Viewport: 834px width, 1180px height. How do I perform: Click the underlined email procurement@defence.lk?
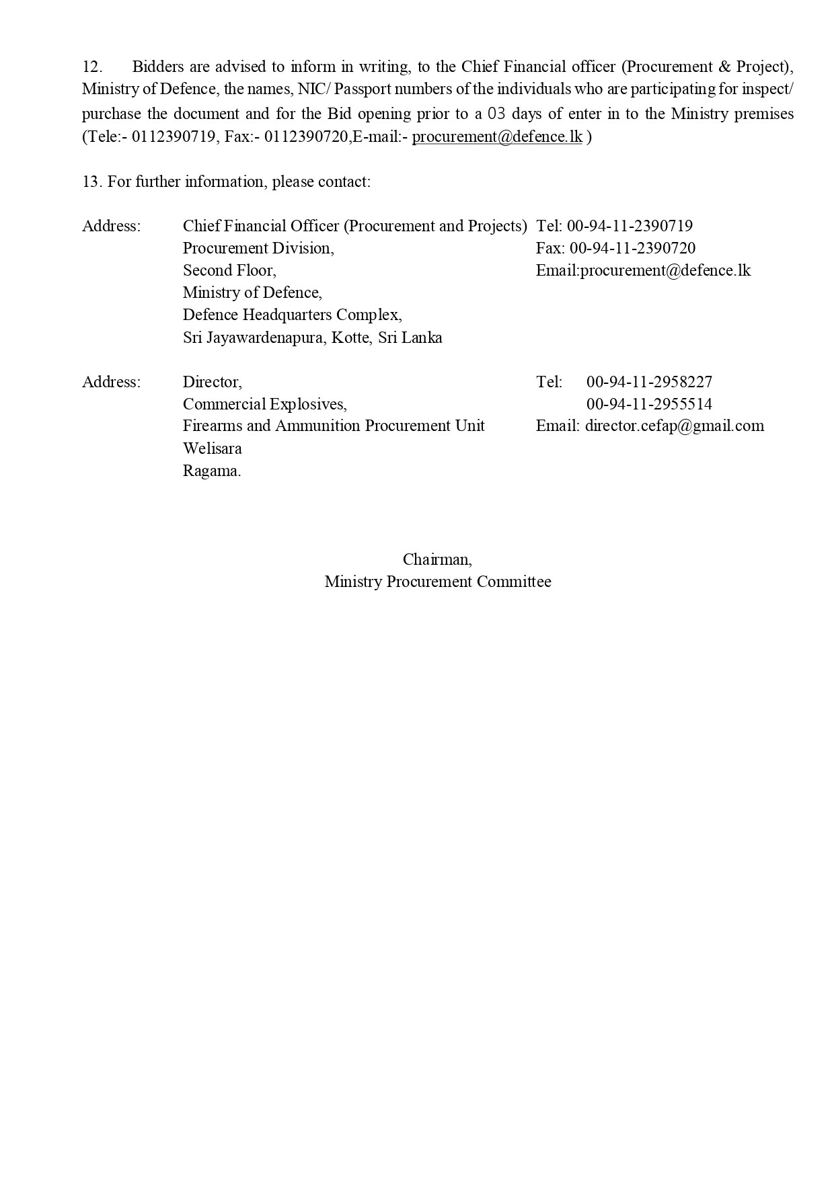point(497,136)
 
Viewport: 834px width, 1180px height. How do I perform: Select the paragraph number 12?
point(91,67)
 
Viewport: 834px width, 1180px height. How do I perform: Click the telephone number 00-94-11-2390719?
point(630,226)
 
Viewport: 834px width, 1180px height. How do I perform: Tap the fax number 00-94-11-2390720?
point(632,248)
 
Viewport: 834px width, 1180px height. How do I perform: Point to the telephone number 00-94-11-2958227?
point(649,382)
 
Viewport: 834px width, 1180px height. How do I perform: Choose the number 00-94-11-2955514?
point(649,404)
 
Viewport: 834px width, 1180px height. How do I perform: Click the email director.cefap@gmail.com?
point(674,426)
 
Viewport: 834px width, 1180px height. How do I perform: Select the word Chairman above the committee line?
point(437,559)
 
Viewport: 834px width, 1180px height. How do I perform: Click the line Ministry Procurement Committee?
point(437,582)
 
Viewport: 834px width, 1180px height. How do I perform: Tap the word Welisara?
point(212,448)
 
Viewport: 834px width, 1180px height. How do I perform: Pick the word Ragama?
point(211,471)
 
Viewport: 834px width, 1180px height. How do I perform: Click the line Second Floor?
point(229,270)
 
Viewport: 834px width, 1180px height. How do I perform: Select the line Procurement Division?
point(258,248)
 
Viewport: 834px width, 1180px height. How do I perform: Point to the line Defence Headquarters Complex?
point(293,315)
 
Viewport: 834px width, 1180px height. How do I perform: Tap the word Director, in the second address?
point(212,382)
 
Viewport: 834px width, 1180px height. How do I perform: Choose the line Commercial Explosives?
point(264,404)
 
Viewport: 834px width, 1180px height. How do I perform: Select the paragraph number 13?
point(91,182)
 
